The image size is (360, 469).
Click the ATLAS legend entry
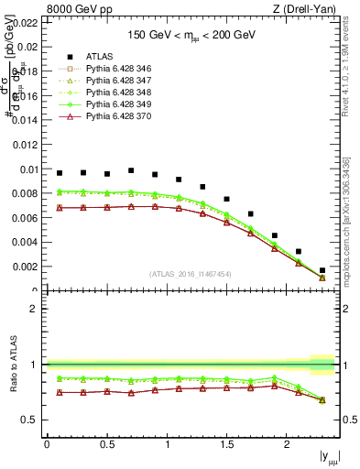(x=100, y=56)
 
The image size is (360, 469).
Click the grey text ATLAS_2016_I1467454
(x=191, y=274)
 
